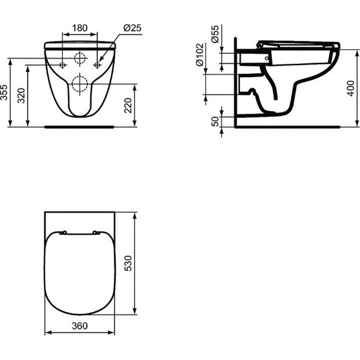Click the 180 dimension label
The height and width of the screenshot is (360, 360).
(x=80, y=28)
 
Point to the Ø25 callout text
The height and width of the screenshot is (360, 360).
(x=133, y=28)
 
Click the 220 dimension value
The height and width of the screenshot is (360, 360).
(x=129, y=105)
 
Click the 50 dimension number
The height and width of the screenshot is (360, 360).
(x=216, y=121)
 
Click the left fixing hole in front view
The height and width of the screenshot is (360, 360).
(x=63, y=65)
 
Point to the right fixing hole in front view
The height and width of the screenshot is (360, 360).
(x=97, y=65)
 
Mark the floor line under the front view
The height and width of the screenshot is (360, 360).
(x=80, y=126)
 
